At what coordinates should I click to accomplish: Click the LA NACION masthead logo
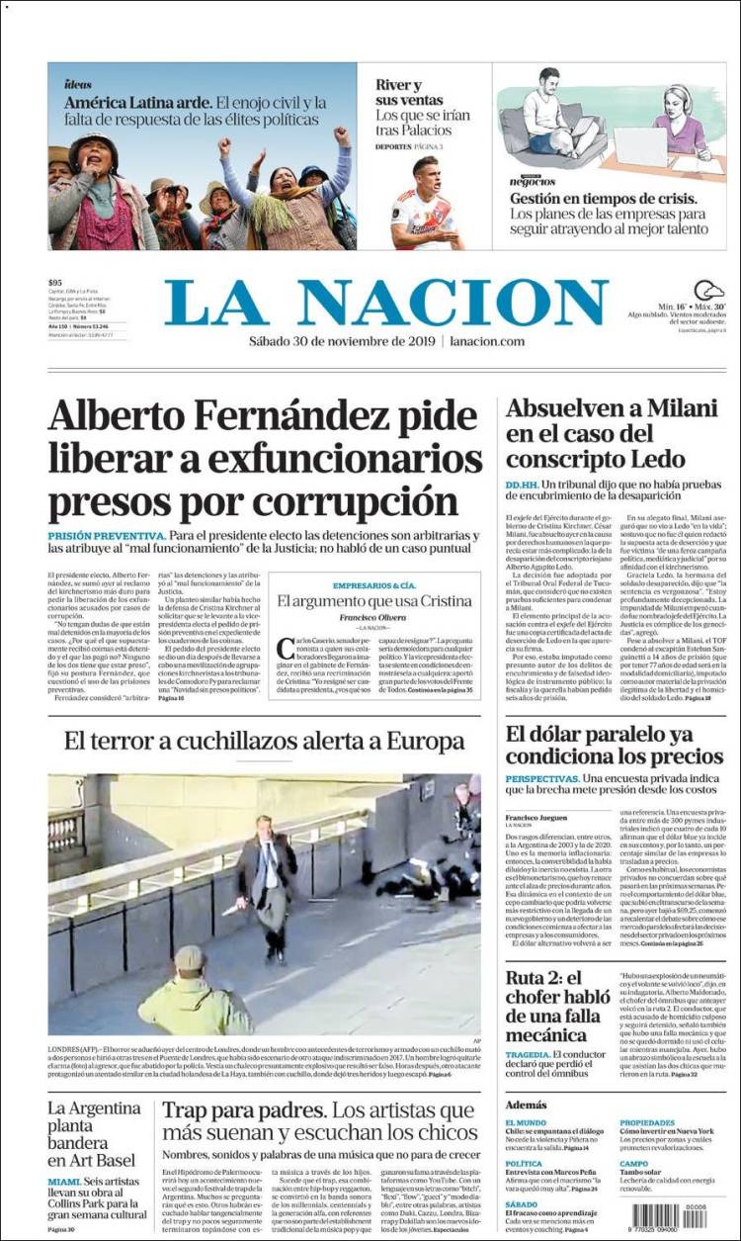(x=385, y=302)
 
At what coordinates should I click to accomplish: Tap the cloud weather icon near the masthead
(x=708, y=291)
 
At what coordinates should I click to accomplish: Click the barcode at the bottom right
(x=667, y=1214)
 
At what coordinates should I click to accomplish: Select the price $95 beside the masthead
(x=55, y=284)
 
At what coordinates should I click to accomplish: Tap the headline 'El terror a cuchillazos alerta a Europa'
(x=265, y=742)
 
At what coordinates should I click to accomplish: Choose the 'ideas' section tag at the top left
(x=78, y=84)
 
